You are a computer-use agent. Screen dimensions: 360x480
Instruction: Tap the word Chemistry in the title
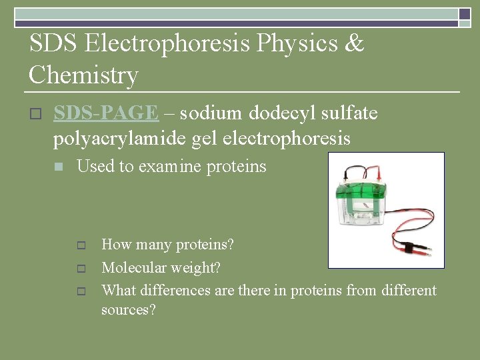click(83, 75)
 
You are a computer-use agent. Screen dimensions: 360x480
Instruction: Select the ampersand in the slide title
click(355, 44)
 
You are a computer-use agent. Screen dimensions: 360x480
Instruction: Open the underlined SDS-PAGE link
click(105, 114)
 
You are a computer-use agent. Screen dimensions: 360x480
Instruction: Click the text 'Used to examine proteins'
click(171, 167)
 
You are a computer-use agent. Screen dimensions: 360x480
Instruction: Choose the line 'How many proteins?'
click(167, 245)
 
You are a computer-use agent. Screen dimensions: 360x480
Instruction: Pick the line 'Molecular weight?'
click(161, 268)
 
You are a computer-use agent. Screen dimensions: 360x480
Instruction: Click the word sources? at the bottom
click(128, 310)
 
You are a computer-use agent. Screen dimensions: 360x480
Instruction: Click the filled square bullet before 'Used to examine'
click(59, 167)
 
